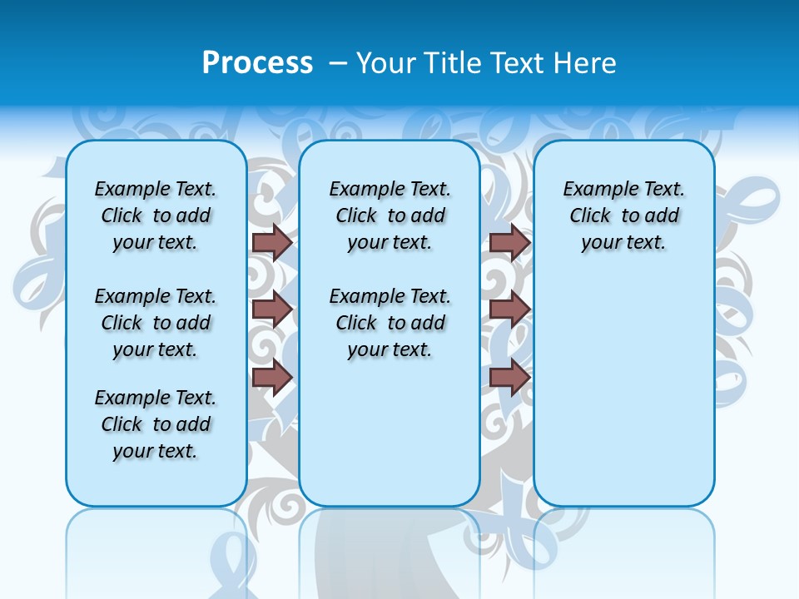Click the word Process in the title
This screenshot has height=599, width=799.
pyautogui.click(x=257, y=63)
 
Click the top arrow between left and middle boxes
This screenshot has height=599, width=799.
pyautogui.click(x=272, y=242)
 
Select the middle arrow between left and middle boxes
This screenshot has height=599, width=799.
pyautogui.click(x=272, y=309)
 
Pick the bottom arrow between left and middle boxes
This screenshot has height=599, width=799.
pyautogui.click(x=272, y=377)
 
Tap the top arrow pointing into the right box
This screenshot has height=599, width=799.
pyautogui.click(x=509, y=242)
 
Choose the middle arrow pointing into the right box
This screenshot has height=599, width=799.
pyautogui.click(x=509, y=309)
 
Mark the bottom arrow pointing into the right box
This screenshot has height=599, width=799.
pyautogui.click(x=509, y=377)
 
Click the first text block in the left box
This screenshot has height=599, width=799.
pyautogui.click(x=156, y=215)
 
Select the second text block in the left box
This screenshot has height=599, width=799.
pyautogui.click(x=156, y=323)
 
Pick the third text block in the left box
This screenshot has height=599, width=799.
pyautogui.click(x=156, y=424)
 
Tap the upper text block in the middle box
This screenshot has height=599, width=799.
pyautogui.click(x=390, y=215)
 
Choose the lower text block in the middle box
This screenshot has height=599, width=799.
pyautogui.click(x=390, y=323)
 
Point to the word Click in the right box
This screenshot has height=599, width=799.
pyautogui.click(x=590, y=216)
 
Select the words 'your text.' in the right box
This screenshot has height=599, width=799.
pyautogui.click(x=623, y=243)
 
